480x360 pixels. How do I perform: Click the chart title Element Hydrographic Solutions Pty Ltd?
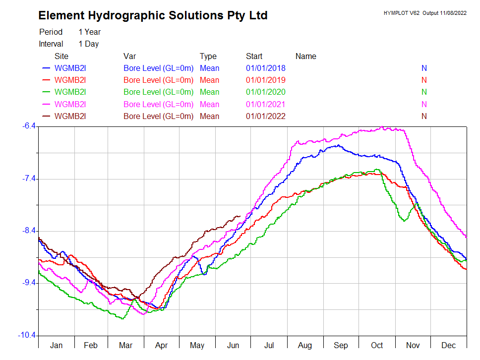pyautogui.click(x=153, y=15)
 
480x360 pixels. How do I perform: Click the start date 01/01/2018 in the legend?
pyautogui.click(x=265, y=68)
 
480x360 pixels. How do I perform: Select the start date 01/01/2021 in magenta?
pyautogui.click(x=265, y=104)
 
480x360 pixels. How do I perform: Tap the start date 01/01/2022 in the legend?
pyautogui.click(x=265, y=116)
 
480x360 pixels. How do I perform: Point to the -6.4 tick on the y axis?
pyautogui.click(x=29, y=126)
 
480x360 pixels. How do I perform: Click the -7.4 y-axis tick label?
pyautogui.click(x=29, y=179)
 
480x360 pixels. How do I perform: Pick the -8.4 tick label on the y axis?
pyautogui.click(x=29, y=231)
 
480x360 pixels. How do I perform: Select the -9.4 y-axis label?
pyautogui.click(x=29, y=283)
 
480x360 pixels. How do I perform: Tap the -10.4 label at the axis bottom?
pyautogui.click(x=28, y=336)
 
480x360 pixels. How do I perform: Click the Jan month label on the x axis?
pyautogui.click(x=56, y=345)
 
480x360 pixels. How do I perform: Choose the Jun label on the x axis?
pyautogui.click(x=233, y=345)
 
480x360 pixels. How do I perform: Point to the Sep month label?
pyautogui.click(x=341, y=345)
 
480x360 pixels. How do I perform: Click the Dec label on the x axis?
pyautogui.click(x=449, y=345)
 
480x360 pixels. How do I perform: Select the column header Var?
pyautogui.click(x=129, y=56)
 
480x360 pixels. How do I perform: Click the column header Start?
pyautogui.click(x=254, y=56)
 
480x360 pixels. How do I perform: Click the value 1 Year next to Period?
pyautogui.click(x=89, y=32)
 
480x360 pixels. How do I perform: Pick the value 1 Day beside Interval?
pyautogui.click(x=88, y=44)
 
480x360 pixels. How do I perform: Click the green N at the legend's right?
pyautogui.click(x=424, y=92)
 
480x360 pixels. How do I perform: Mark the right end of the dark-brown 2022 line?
pyautogui.click(x=240, y=216)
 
